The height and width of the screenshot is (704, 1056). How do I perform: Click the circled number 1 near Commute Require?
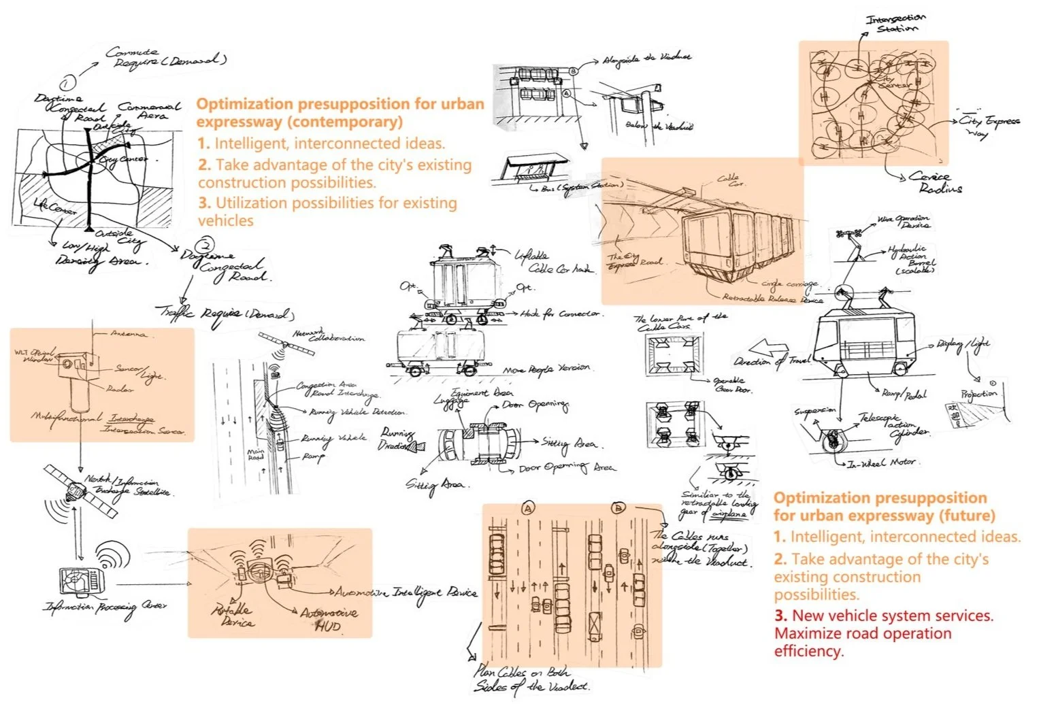coord(67,84)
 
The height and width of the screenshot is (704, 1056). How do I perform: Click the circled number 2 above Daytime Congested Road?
coord(204,246)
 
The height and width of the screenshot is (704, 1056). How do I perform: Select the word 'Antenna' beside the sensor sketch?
coord(129,334)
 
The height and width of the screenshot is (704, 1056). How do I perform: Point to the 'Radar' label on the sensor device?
coord(120,389)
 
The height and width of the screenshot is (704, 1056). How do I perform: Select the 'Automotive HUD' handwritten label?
coord(329,619)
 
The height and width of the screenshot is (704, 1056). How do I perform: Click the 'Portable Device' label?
coord(231,616)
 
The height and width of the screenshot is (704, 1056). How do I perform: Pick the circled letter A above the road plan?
coord(527,507)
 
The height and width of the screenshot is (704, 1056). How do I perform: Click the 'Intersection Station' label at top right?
coord(895,23)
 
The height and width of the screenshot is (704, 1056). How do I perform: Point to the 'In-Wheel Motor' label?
coord(882,463)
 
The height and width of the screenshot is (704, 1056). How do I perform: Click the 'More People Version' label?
coord(547,369)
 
